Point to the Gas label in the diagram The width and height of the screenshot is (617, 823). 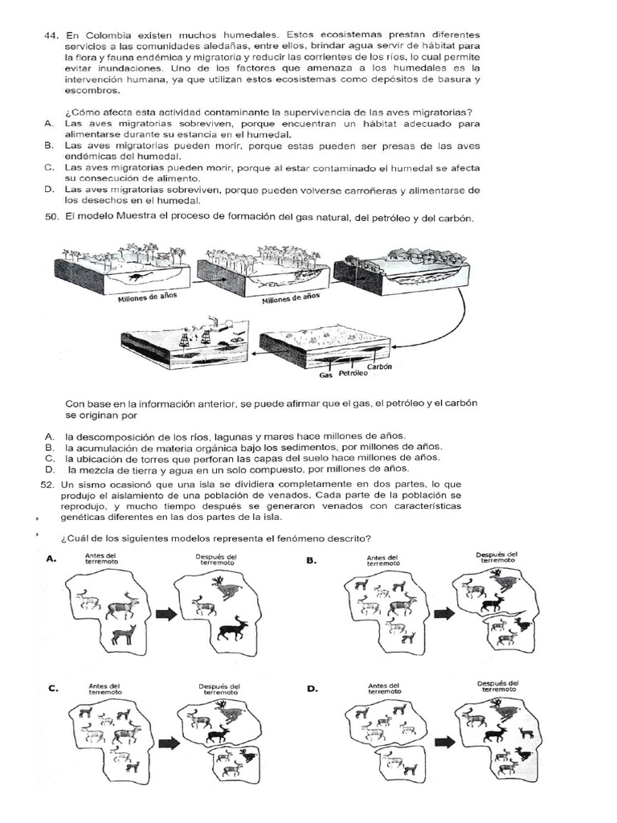[x=326, y=375]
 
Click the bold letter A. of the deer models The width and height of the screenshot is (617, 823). [x=52, y=560]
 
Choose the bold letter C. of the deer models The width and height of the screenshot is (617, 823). [x=52, y=688]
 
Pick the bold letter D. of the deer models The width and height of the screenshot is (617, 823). [x=312, y=688]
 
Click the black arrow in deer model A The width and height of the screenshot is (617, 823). [x=165, y=615]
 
